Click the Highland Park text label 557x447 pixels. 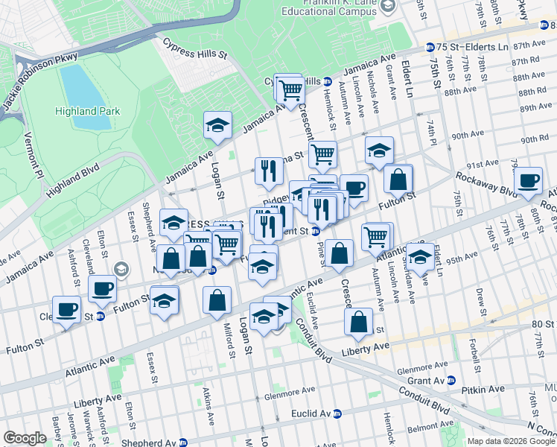[86, 111]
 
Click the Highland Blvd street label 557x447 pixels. [72, 180]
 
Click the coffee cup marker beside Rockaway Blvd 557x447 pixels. [528, 180]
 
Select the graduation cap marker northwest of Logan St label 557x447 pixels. [217, 125]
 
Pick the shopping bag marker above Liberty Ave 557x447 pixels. [358, 322]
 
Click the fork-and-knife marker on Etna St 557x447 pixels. [268, 171]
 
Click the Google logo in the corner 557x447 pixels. [25, 438]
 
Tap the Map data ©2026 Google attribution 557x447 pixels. [510, 441]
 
